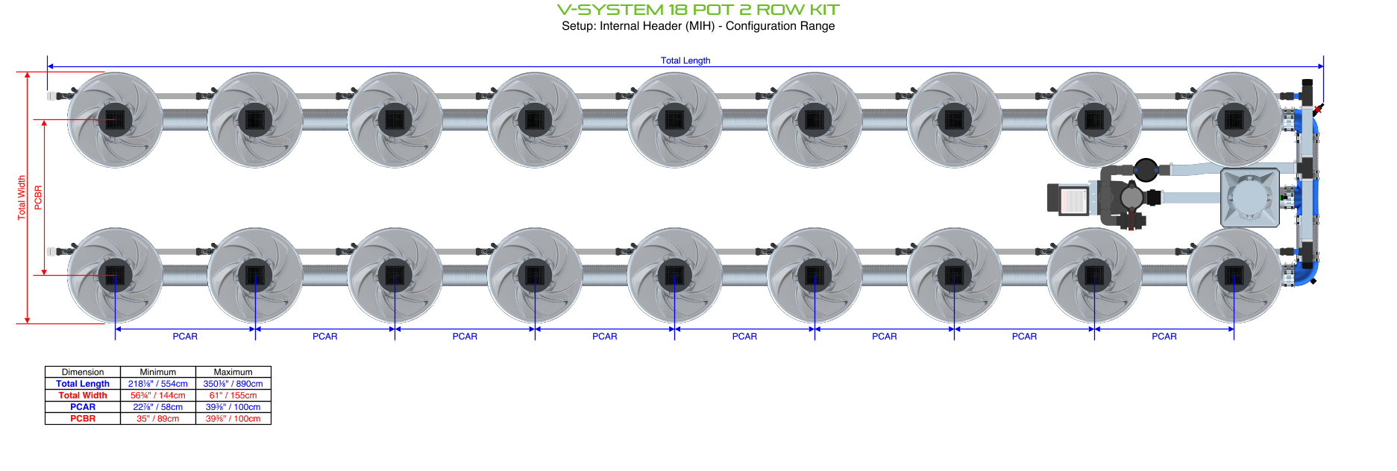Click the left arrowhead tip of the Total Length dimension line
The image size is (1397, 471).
pyautogui.click(x=48, y=66)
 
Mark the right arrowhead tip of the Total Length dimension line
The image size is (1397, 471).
pyautogui.click(x=1324, y=66)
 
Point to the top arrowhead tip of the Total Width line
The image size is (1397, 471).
pyautogui.click(x=28, y=72)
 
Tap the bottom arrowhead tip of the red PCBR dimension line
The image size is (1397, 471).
pyautogui.click(x=44, y=275)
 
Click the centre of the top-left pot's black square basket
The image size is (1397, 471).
pyautogui.click(x=115, y=119)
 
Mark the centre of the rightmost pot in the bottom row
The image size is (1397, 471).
pyautogui.click(x=1234, y=275)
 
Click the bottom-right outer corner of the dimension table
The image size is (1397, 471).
pyautogui.click(x=271, y=424)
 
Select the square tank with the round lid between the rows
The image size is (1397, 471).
pyautogui.click(x=1250, y=197)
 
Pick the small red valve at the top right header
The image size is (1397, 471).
pyautogui.click(x=1318, y=110)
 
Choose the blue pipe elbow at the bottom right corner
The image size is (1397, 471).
pyautogui.click(x=1306, y=272)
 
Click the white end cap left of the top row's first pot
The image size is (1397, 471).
pyautogui.click(x=51, y=96)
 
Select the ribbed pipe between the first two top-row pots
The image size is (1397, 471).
pyautogui.click(x=185, y=119)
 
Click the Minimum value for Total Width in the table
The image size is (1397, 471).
pyautogui.click(x=158, y=396)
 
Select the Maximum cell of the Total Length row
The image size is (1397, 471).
pyautogui.click(x=233, y=384)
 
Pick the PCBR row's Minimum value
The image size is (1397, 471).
pyautogui.click(x=158, y=419)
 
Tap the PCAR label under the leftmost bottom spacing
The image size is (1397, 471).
pyautogui.click(x=185, y=337)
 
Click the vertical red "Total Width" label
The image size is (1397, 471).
pyautogui.click(x=22, y=197)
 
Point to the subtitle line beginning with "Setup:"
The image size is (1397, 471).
pyautogui.click(x=698, y=26)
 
